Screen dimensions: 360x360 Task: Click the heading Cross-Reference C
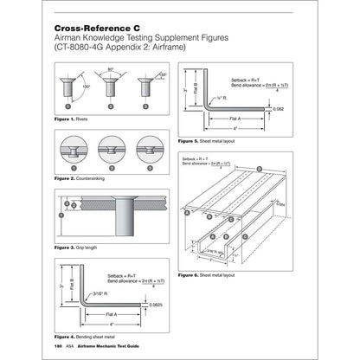coord(95,29)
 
